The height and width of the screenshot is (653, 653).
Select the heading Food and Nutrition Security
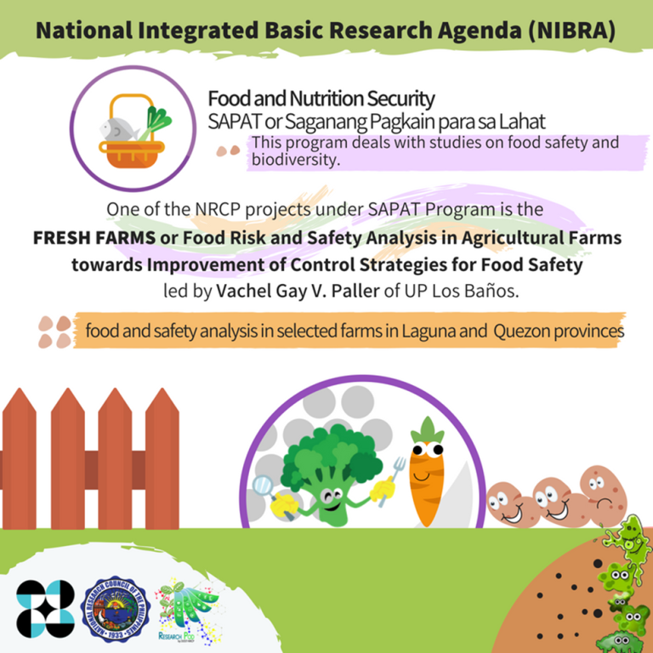[321, 99]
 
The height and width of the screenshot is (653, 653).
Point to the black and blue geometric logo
[46, 610]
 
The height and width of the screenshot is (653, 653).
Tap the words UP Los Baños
[485, 290]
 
